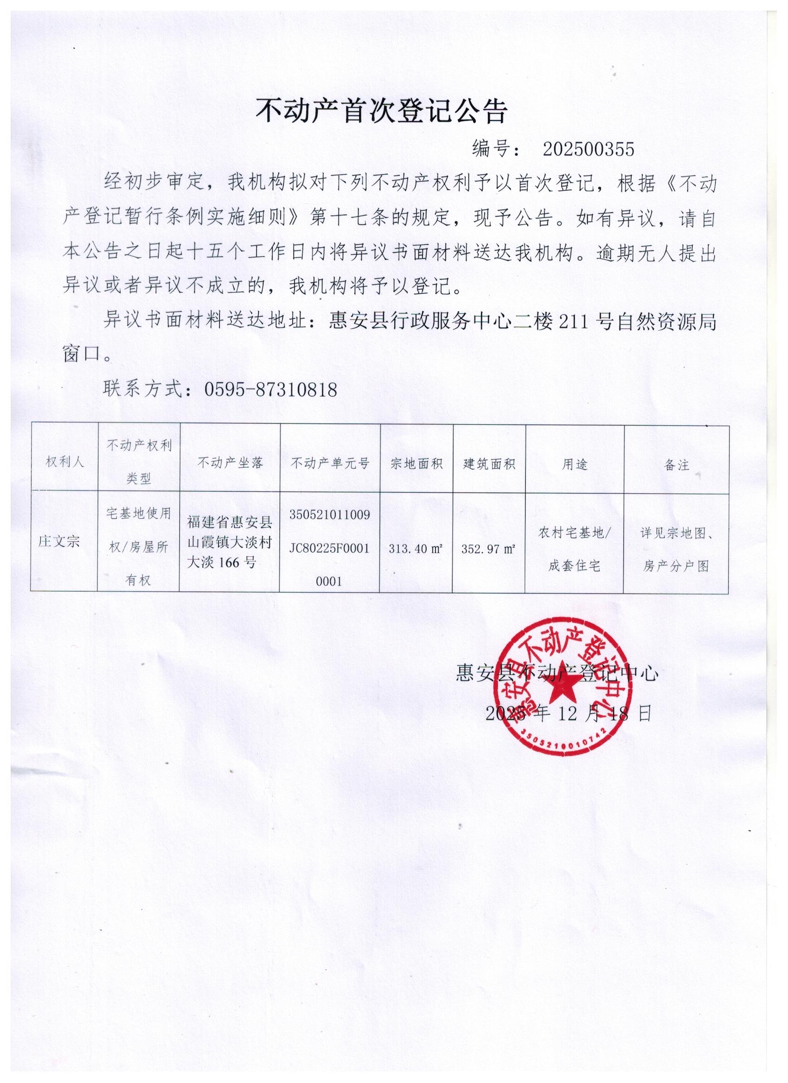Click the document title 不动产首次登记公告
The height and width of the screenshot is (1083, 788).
coord(381,112)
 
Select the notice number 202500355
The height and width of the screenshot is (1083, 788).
coord(588,150)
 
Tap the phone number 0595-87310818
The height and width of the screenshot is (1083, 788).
coord(271,390)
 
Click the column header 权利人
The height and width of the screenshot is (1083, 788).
coord(64,462)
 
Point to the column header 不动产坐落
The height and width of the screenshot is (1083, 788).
coord(230,462)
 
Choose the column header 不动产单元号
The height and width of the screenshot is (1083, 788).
coord(330,463)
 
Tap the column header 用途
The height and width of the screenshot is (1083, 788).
coord(574,464)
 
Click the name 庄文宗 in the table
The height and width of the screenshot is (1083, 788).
coord(59,541)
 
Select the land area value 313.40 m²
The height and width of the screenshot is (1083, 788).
coord(415,548)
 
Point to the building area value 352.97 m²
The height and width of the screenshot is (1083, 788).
coord(488,549)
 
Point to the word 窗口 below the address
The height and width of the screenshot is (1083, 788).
coord(81,353)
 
